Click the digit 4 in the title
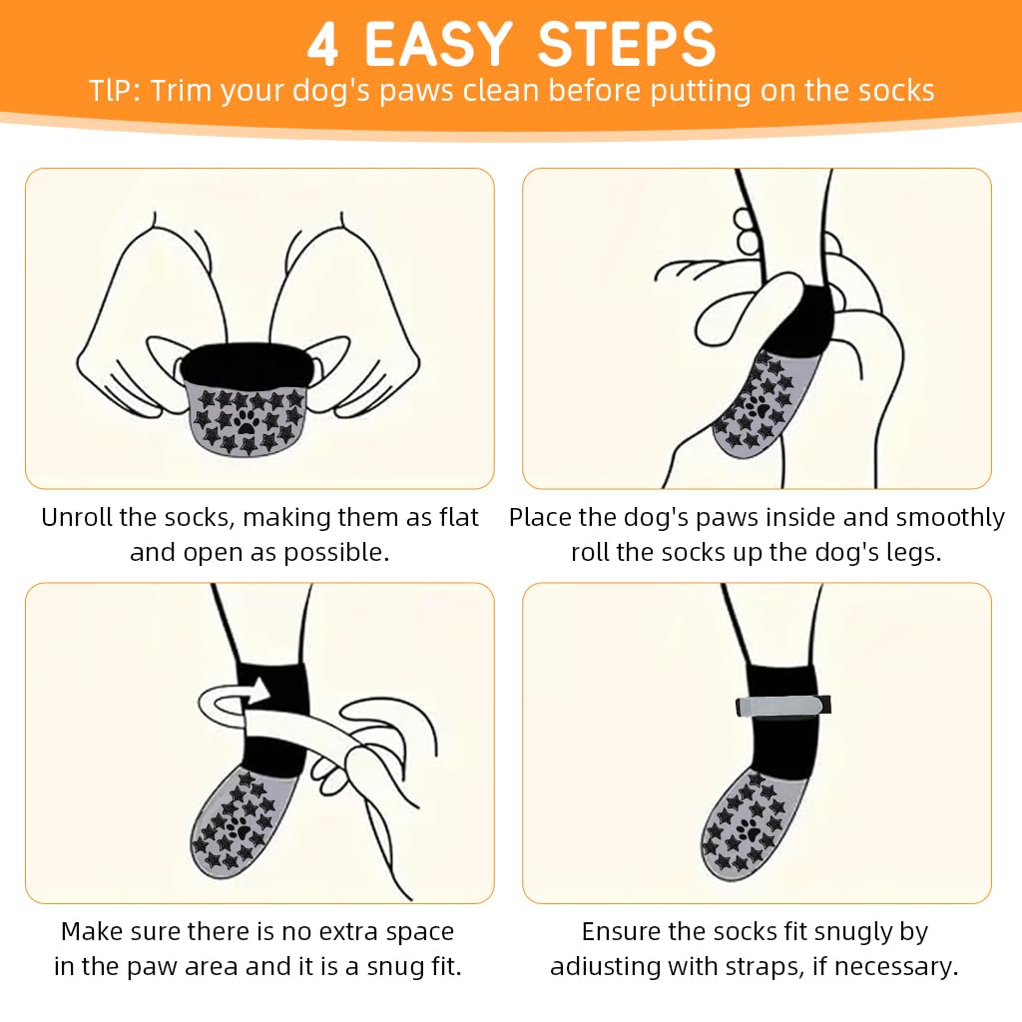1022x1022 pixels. point(322,44)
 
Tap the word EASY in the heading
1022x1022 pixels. point(438,44)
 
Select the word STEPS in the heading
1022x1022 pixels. point(627,44)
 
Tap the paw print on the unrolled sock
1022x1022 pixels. point(248,421)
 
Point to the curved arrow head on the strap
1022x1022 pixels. point(258,690)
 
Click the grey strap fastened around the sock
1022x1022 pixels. point(783,706)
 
